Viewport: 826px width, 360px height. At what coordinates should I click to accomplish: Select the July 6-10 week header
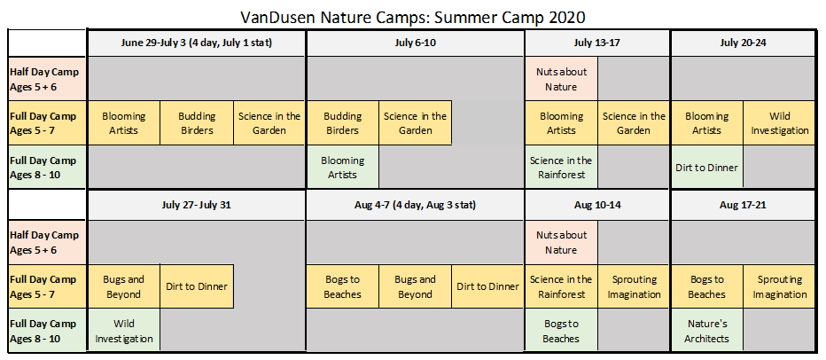tap(415, 43)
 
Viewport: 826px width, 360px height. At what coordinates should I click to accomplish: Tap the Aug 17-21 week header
tap(743, 205)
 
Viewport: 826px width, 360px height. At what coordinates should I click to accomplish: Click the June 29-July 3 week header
tap(197, 43)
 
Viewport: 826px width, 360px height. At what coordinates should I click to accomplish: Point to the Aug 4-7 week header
tap(415, 205)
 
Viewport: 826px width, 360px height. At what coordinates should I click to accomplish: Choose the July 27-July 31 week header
tap(197, 205)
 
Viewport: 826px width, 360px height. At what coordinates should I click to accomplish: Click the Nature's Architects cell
tap(706, 331)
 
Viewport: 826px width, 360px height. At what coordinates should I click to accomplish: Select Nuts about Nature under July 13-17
tap(561, 79)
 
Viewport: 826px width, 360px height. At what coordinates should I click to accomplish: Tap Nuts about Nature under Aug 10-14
tap(561, 242)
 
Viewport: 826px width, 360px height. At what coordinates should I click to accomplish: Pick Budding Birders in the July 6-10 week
tap(342, 123)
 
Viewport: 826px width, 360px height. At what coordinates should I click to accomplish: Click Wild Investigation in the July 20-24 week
tap(779, 123)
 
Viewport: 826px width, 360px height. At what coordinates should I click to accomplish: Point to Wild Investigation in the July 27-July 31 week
tap(124, 331)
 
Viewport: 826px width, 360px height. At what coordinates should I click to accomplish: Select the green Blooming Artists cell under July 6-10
tap(342, 167)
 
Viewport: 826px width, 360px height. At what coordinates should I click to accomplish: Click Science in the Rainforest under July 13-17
tap(561, 167)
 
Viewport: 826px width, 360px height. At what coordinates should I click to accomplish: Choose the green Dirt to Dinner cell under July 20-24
tap(706, 167)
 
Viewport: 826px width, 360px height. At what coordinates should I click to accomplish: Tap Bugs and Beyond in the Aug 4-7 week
tap(415, 286)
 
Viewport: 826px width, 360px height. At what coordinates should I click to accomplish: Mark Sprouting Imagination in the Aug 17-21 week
tap(779, 286)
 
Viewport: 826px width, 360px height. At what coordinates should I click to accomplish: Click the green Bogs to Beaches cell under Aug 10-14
tap(561, 331)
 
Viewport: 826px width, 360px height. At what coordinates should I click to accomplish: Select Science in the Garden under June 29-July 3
tap(269, 123)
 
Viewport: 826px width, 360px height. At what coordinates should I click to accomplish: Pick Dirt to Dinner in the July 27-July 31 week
tap(197, 286)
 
